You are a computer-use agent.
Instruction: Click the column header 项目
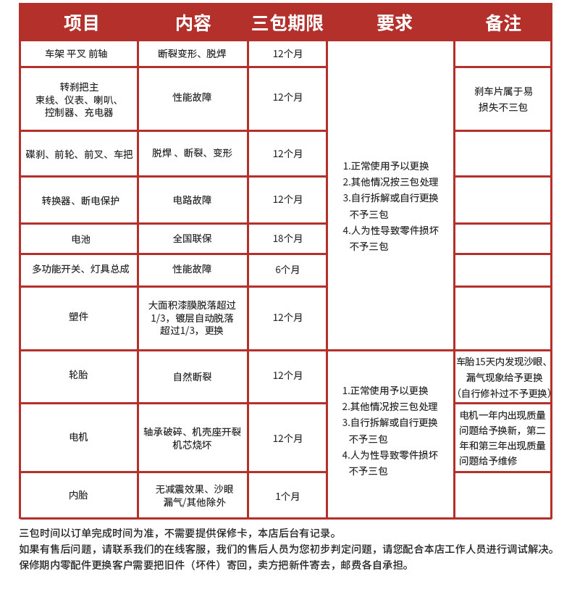click(81, 23)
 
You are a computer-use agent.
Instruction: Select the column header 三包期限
click(287, 23)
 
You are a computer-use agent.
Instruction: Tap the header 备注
click(503, 23)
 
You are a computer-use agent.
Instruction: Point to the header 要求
click(394, 23)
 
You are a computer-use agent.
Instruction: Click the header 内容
click(193, 23)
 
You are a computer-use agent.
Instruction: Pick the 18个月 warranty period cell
click(287, 238)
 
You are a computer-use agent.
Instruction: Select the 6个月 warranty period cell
click(287, 270)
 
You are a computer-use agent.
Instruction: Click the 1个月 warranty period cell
click(287, 496)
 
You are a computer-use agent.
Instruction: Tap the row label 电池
click(80, 238)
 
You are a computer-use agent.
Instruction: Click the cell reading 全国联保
click(193, 238)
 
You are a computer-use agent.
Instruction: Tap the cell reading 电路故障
click(193, 200)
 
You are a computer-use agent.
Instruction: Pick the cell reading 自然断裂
click(193, 377)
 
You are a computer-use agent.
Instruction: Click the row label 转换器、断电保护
click(80, 200)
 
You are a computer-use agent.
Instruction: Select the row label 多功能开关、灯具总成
click(80, 269)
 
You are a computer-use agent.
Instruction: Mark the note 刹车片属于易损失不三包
click(503, 99)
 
